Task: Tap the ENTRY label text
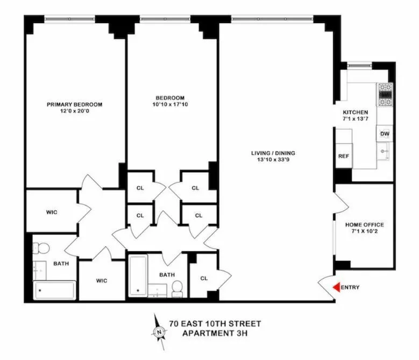[350, 287]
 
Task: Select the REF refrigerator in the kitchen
[343, 156]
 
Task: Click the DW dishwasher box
[385, 134]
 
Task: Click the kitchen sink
[384, 152]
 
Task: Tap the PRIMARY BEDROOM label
[74, 104]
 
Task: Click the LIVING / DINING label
[273, 153]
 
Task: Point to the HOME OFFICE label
[365, 224]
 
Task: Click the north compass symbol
[159, 332]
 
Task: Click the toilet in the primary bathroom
[41, 248]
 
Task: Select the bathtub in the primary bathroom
[55, 291]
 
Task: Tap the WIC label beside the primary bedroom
[52, 212]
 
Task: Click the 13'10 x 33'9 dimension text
[273, 160]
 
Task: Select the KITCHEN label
[359, 112]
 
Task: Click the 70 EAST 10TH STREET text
[215, 323]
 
